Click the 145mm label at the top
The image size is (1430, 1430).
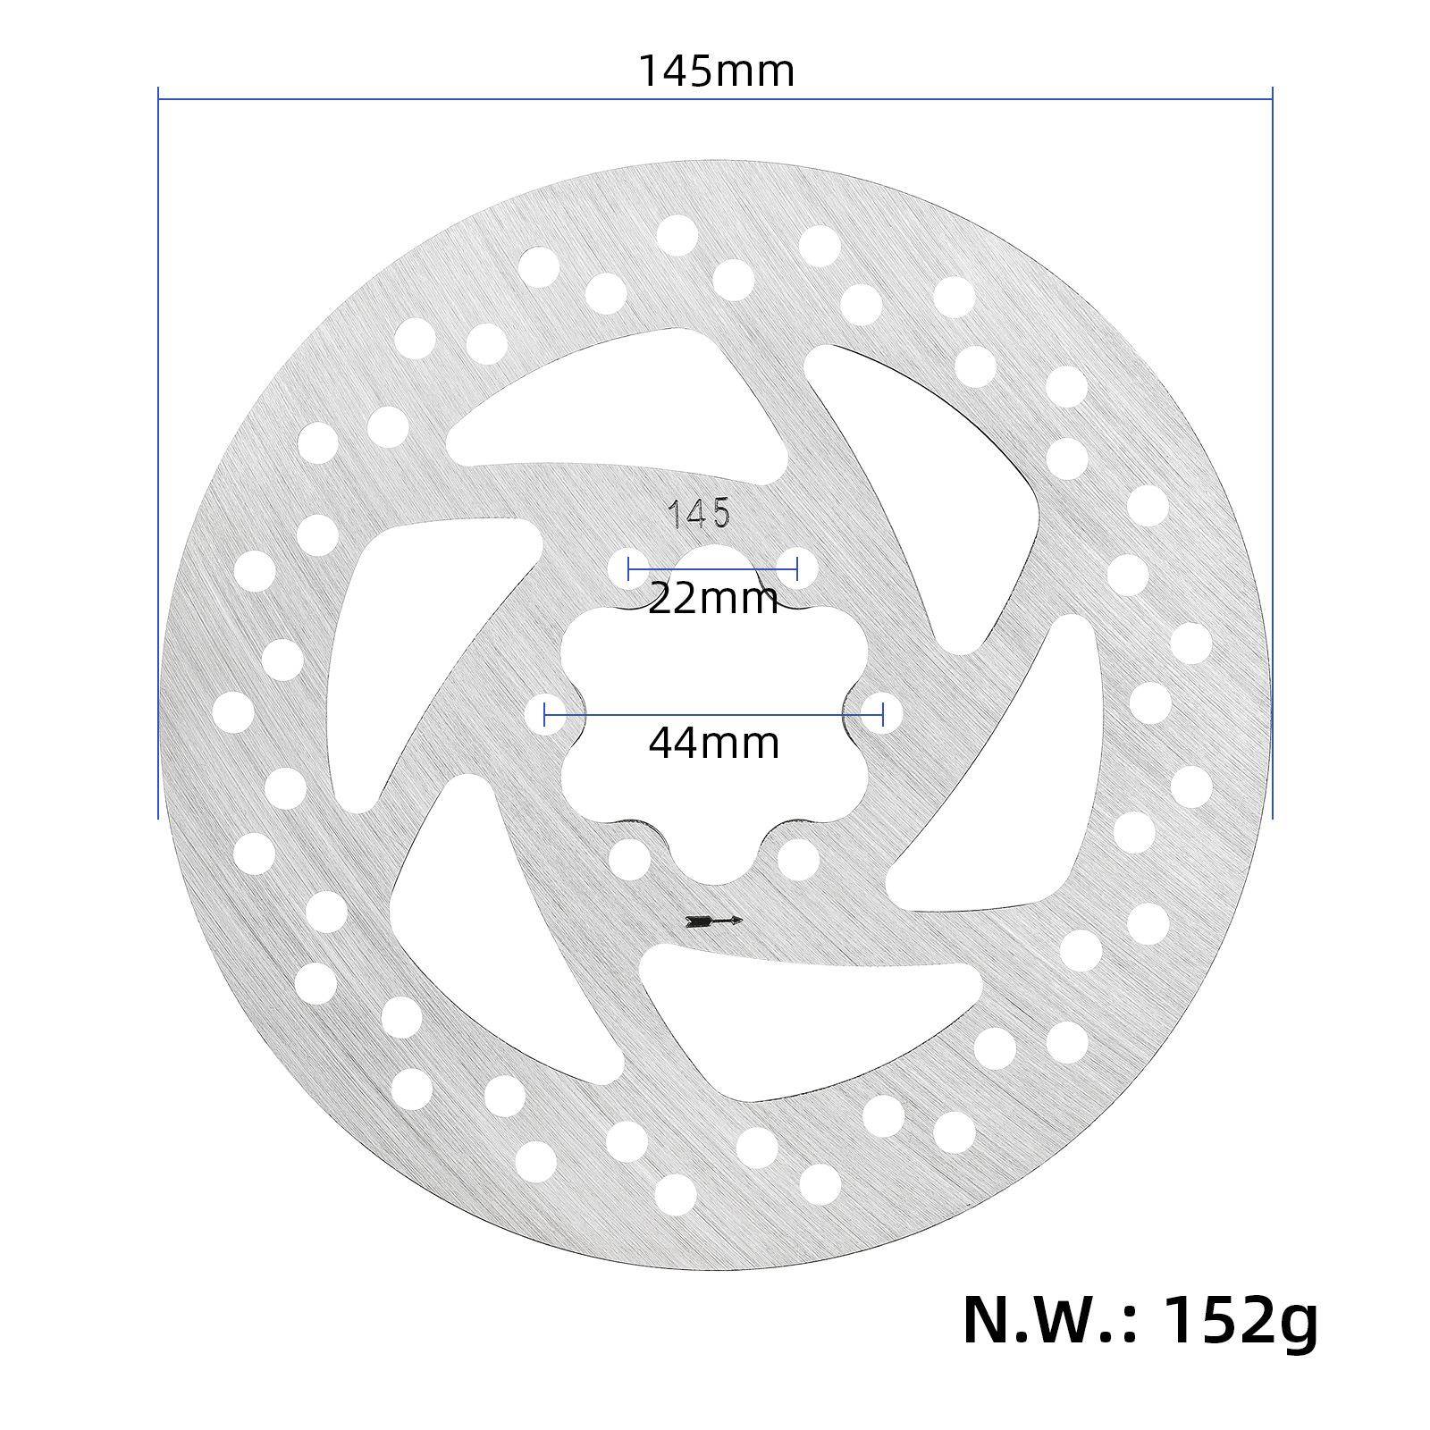click(x=716, y=71)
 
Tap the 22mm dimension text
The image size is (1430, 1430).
click(x=713, y=598)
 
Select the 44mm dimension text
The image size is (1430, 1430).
click(x=713, y=743)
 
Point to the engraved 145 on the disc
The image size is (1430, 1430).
click(x=701, y=514)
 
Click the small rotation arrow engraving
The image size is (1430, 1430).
click(x=713, y=921)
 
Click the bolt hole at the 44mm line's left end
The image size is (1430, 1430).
click(x=544, y=713)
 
